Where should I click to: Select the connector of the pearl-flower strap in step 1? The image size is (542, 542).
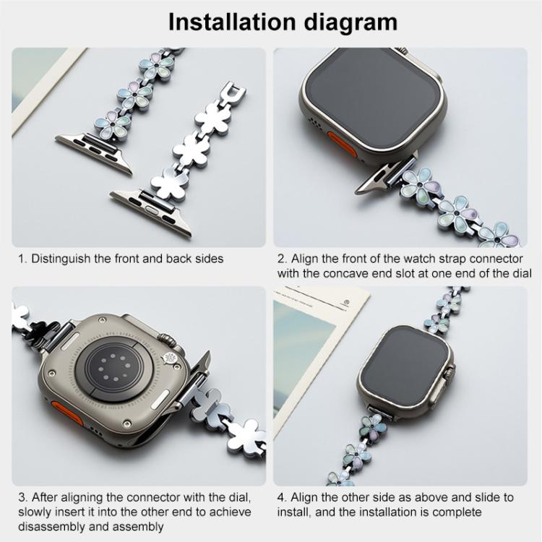94,147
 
